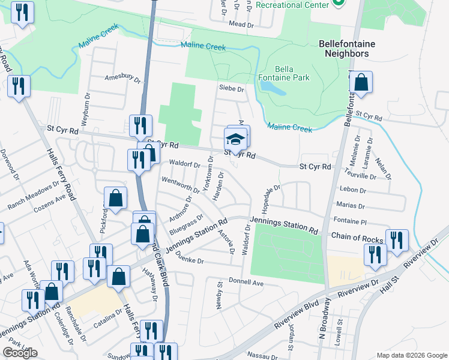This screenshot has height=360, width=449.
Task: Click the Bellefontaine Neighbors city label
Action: click(x=343, y=49)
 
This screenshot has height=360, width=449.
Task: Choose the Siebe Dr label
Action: click(x=232, y=89)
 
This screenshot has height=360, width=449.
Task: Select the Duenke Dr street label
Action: click(x=191, y=262)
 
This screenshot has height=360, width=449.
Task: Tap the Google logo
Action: click(x=20, y=353)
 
